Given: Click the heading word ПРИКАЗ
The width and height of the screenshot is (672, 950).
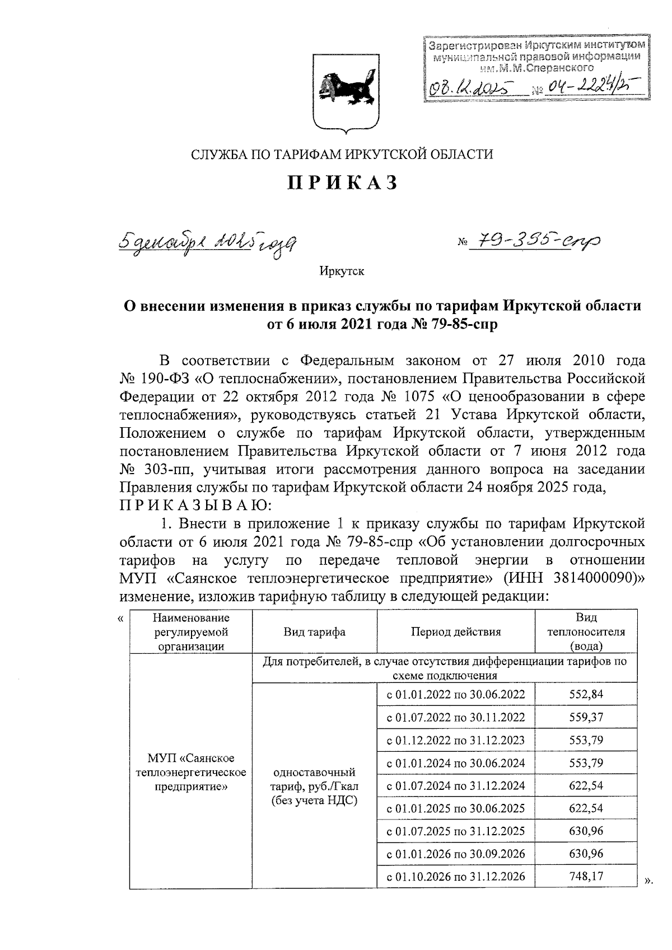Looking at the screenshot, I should coord(342,183).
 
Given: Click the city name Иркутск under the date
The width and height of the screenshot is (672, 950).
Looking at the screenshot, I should coord(342,272).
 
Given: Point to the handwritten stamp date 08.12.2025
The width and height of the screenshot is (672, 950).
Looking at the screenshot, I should coord(471,88).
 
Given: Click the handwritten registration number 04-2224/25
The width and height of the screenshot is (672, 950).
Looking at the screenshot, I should coord(588,87).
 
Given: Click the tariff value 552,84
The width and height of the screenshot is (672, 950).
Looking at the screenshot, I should coord(586,694).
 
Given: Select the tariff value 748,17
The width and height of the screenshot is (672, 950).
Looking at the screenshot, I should coord(586,876).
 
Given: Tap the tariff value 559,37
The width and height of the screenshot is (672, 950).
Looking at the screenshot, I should coord(586,717).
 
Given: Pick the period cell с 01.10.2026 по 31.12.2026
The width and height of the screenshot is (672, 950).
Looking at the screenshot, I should coord(456,877).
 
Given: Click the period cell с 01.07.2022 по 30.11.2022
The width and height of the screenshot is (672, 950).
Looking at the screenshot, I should coord(456,717).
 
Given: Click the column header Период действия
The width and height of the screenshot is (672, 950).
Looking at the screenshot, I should coord(456,632).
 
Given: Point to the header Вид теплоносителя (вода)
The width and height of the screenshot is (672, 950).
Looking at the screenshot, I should coord(586,631).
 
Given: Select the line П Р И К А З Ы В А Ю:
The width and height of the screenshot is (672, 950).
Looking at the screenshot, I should coord(195,506).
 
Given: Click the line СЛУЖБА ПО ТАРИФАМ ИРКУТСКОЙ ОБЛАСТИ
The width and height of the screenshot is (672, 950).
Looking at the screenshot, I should coord(342,154).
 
